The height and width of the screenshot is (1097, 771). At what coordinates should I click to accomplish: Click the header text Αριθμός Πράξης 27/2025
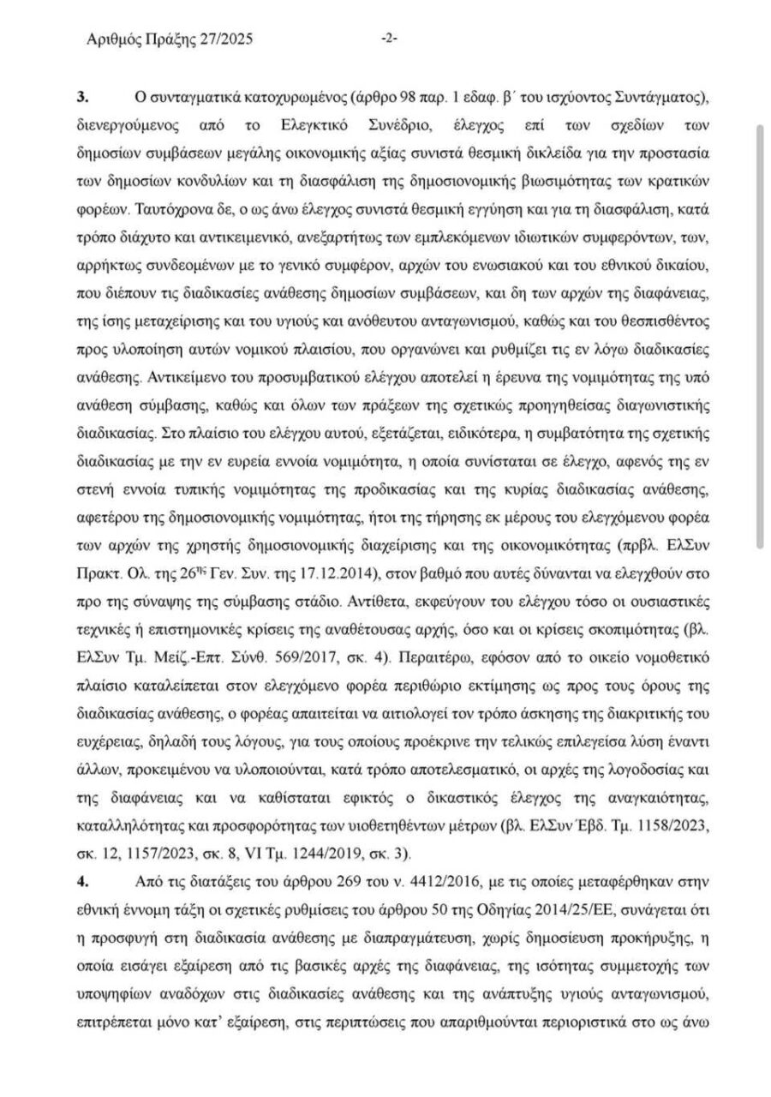tap(170, 39)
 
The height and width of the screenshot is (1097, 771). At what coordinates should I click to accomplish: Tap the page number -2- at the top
tap(390, 39)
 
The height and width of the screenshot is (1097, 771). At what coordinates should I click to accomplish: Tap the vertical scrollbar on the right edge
tap(758, 334)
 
